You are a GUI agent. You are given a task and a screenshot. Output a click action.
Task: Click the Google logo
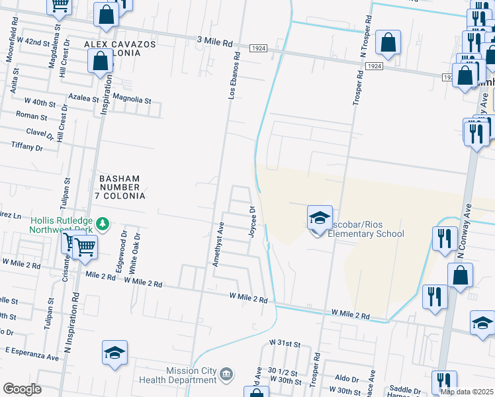click(x=21, y=389)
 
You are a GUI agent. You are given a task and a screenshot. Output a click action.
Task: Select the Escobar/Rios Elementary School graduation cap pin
click(x=319, y=218)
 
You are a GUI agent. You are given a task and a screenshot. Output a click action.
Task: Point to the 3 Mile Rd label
click(x=215, y=42)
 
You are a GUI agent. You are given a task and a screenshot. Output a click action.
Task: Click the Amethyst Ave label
click(x=216, y=244)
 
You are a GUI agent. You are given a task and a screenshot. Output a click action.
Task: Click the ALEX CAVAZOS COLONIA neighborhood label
click(x=119, y=48)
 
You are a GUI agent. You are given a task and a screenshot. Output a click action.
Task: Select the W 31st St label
click(x=285, y=345)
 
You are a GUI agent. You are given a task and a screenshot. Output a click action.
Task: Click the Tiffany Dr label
click(x=27, y=146)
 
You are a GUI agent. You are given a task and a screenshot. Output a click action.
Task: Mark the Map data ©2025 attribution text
click(x=466, y=392)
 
